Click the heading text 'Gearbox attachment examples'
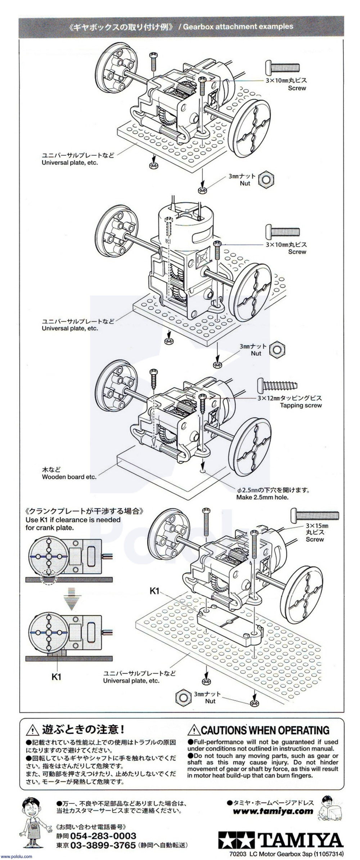coord(238,26)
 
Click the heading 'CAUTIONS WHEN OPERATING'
coord(265,730)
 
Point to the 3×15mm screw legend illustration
coord(315,515)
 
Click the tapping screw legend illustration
coord(278,386)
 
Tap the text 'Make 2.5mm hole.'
coord(262,497)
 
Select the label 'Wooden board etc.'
coord(69,477)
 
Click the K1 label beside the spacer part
coord(154,591)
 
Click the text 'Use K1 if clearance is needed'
coord(73,520)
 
